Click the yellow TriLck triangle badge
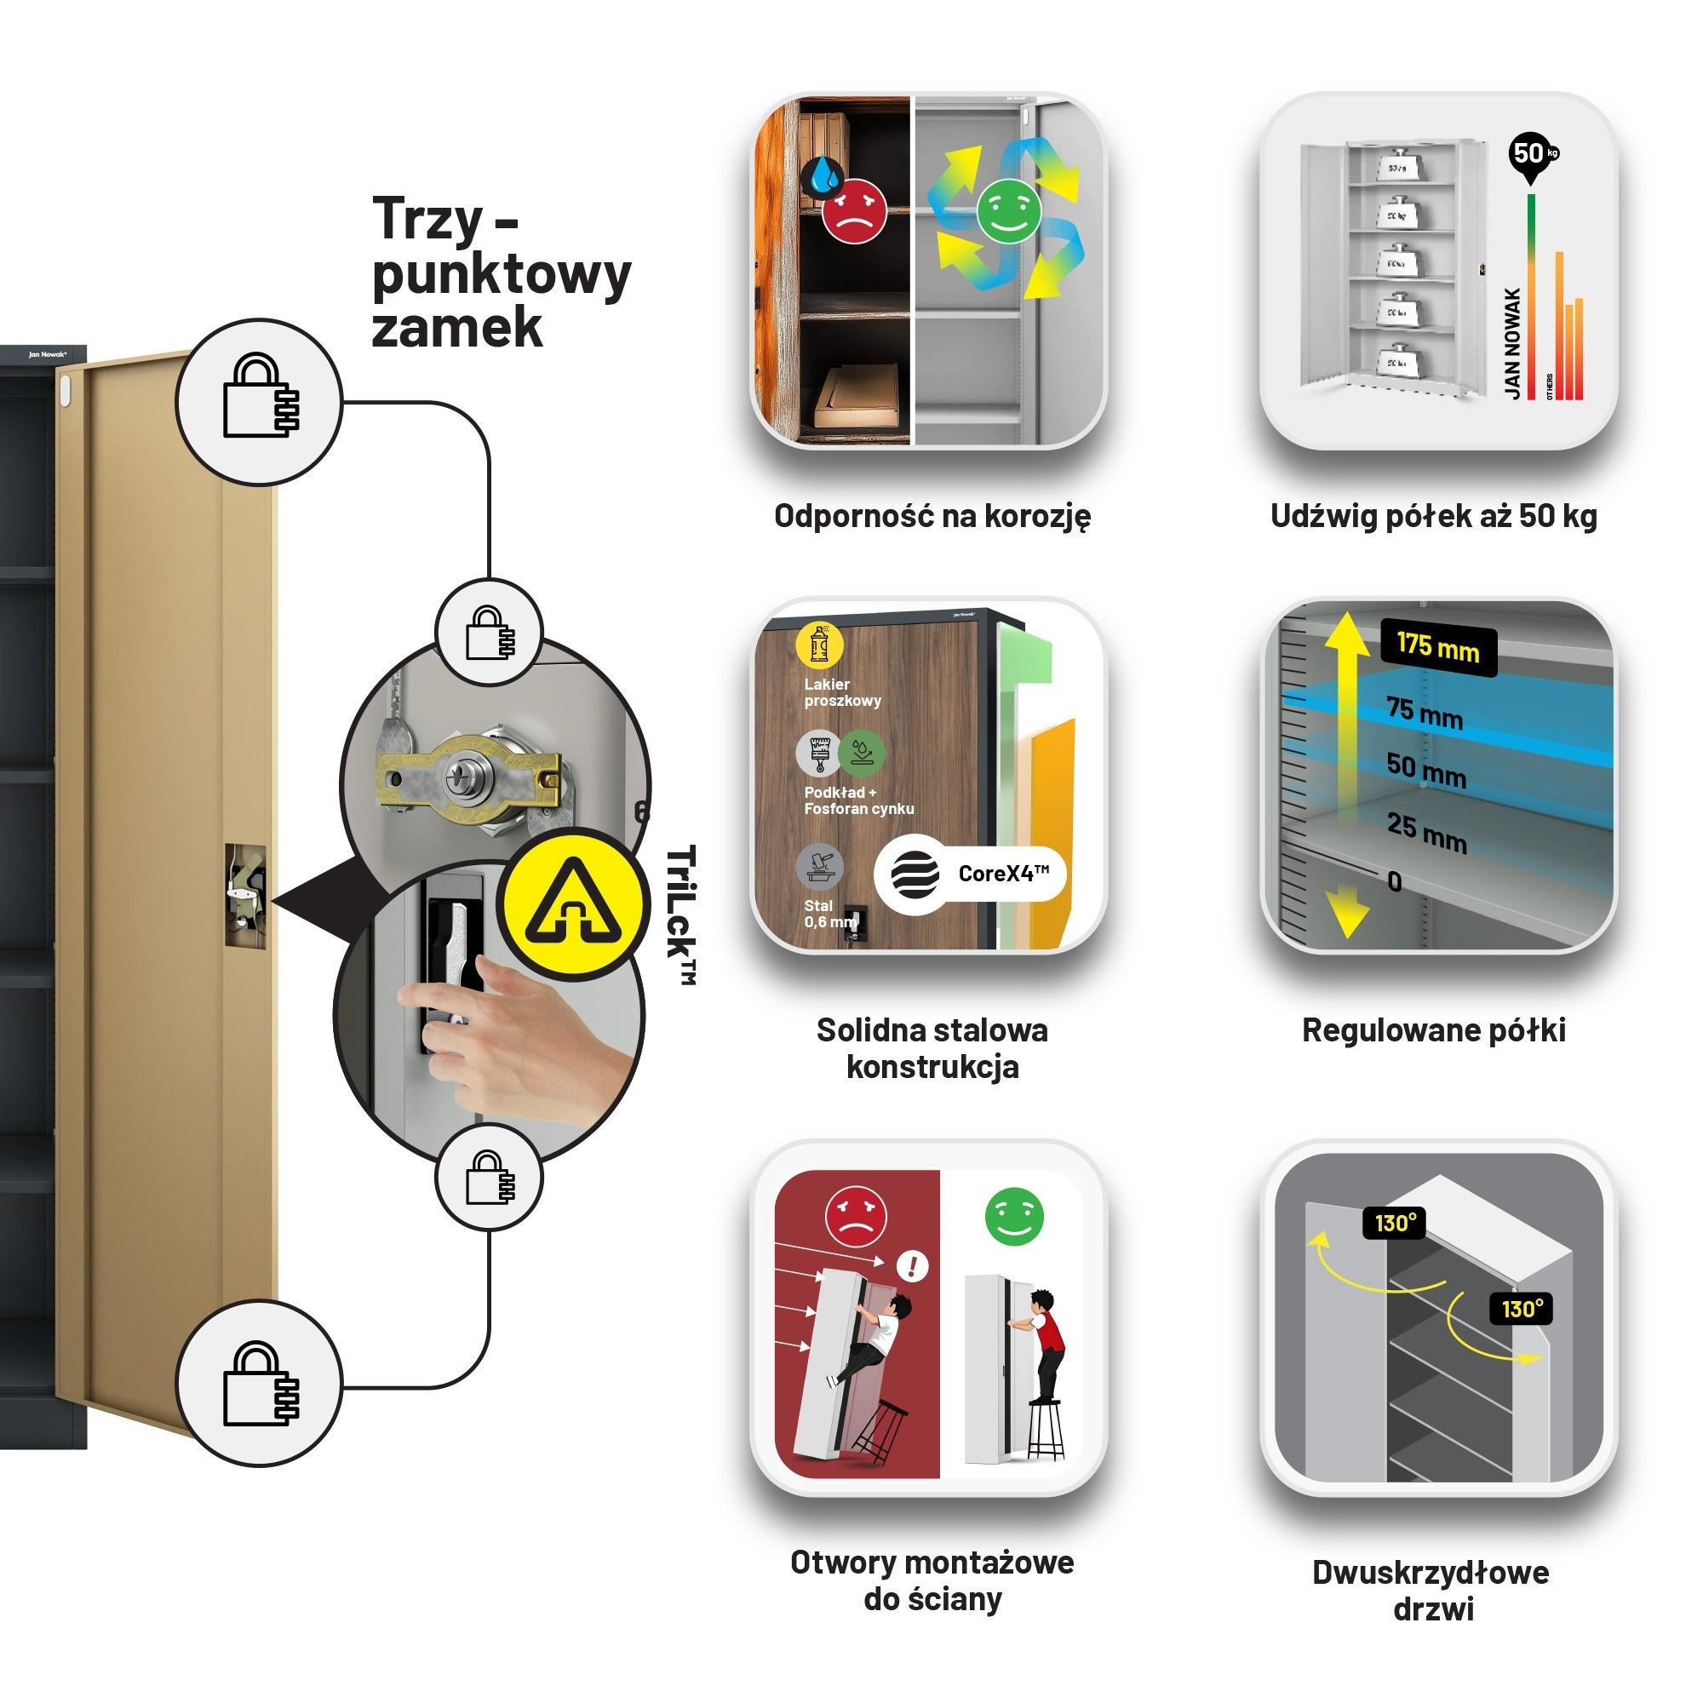tap(574, 903)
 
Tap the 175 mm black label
tap(1436, 648)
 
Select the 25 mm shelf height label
tap(1425, 830)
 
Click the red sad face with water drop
tap(852, 209)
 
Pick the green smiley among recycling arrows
tap(1008, 209)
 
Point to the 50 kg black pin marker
tap(1532, 155)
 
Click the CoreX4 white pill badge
tap(970, 874)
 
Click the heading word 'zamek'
tap(456, 328)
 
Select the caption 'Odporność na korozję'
tap(932, 516)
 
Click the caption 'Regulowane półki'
tap(1433, 1029)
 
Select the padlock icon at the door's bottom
tap(259, 1384)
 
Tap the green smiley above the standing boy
tap(1013, 1217)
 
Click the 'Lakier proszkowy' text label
tap(842, 692)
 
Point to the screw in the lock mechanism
tap(460, 777)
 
